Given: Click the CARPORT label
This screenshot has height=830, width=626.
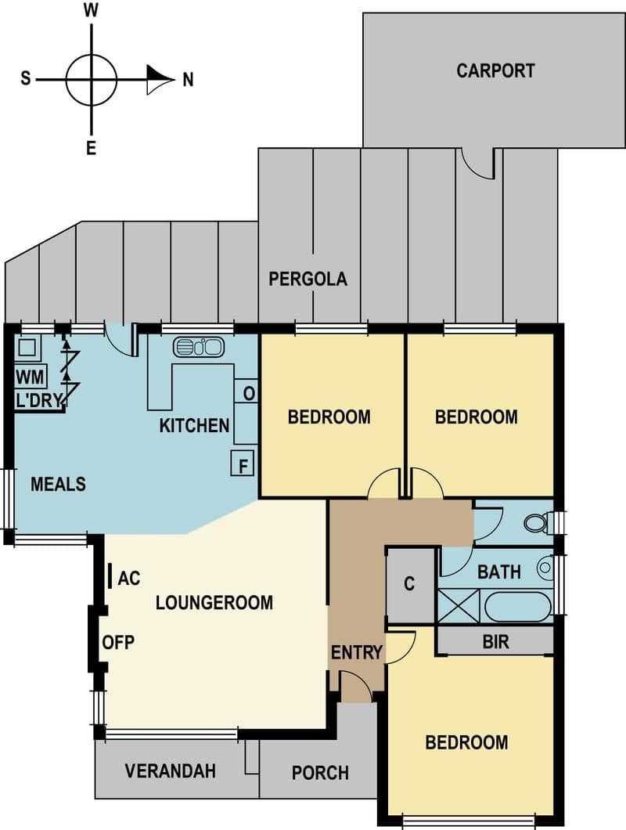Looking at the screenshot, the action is (495, 71).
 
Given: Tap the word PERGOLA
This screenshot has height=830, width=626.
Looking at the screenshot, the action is (308, 279).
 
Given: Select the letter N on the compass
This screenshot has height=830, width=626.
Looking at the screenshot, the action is (188, 80).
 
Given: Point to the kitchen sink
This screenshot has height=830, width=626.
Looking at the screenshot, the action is (199, 347).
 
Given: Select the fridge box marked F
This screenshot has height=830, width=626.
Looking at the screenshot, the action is (243, 464).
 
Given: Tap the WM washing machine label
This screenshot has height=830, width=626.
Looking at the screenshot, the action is (31, 377).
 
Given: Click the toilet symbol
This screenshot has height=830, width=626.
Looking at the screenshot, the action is (537, 523).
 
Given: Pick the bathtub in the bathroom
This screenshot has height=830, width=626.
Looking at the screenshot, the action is (517, 606).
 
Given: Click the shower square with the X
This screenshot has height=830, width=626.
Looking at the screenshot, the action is (459, 605).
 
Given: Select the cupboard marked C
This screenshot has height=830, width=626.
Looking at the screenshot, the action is (410, 585).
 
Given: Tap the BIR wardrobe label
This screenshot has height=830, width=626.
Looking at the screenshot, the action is (496, 642).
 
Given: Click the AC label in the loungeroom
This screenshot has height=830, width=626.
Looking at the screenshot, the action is (129, 579).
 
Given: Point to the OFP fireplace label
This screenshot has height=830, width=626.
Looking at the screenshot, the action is (118, 642).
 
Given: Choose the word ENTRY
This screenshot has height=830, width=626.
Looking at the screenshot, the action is (356, 652).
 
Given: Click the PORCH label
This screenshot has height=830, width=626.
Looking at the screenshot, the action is (320, 773).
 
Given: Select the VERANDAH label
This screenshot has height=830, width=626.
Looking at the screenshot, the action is (171, 770).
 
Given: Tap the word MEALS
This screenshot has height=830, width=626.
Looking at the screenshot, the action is (58, 484).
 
